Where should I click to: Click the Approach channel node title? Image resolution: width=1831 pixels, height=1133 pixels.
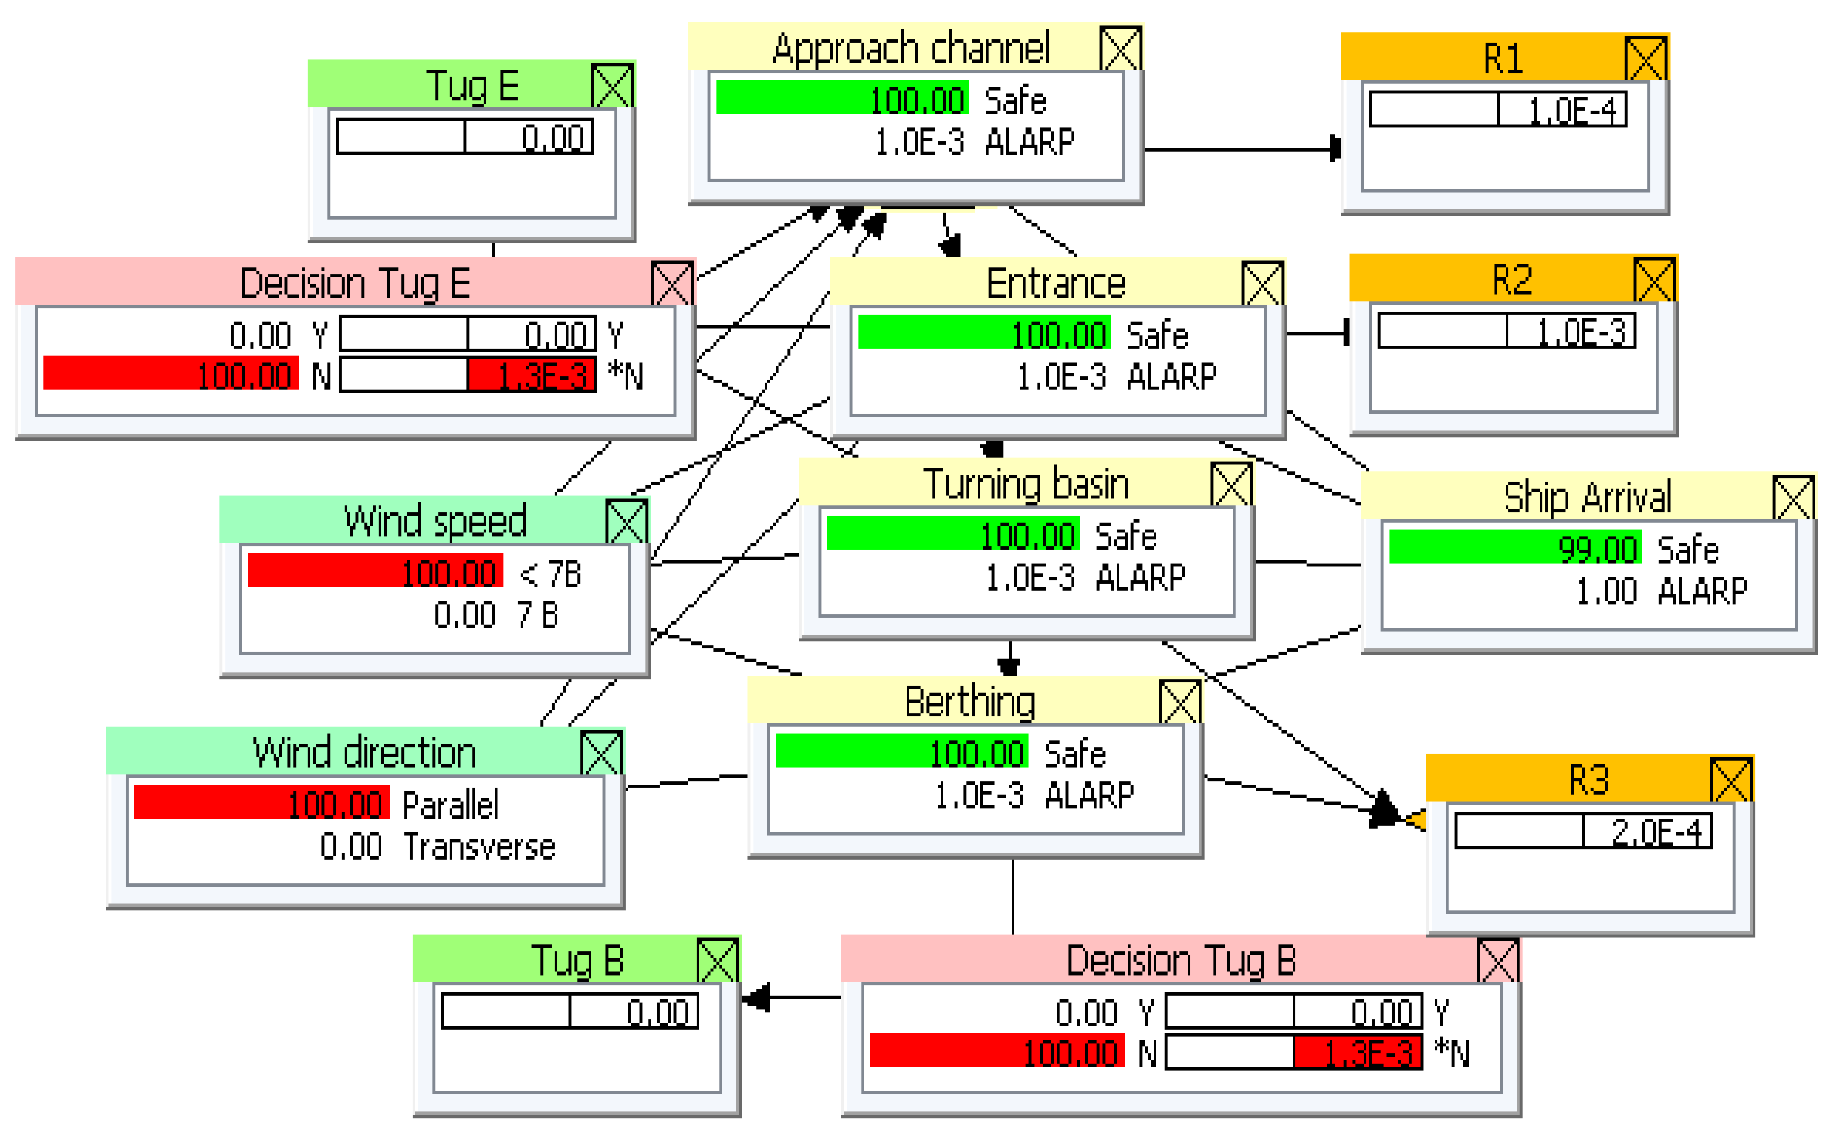click(x=910, y=48)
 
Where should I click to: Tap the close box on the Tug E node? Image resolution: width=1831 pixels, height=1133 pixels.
click(x=612, y=85)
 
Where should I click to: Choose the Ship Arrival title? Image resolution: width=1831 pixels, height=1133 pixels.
click(x=1587, y=496)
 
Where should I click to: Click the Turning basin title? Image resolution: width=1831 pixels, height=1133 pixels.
click(x=1025, y=483)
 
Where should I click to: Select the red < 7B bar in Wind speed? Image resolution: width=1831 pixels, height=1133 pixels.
click(x=374, y=572)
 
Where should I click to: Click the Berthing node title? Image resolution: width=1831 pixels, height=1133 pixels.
click(x=969, y=701)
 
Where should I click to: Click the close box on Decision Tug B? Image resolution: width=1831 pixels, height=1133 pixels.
click(x=1497, y=960)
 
